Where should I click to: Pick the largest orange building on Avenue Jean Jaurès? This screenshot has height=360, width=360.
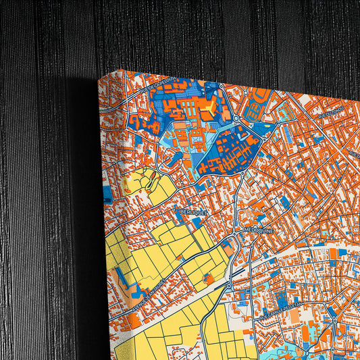point(136,322)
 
